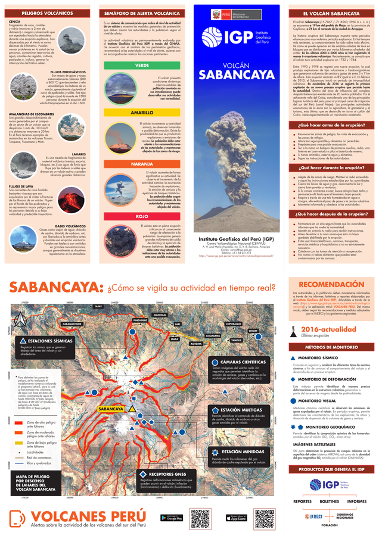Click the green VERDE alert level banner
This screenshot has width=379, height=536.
pyautogui.click(x=142, y=65)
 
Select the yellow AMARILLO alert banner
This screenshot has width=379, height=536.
pyautogui.click(x=142, y=112)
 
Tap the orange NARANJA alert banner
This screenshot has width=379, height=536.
pyautogui.click(x=142, y=163)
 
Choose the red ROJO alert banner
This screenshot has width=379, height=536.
pyautogui.click(x=142, y=217)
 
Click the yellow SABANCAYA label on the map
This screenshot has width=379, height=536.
pyautogui.click(x=111, y=409)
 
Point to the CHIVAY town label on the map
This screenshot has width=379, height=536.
pyautogui.click(x=253, y=329)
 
